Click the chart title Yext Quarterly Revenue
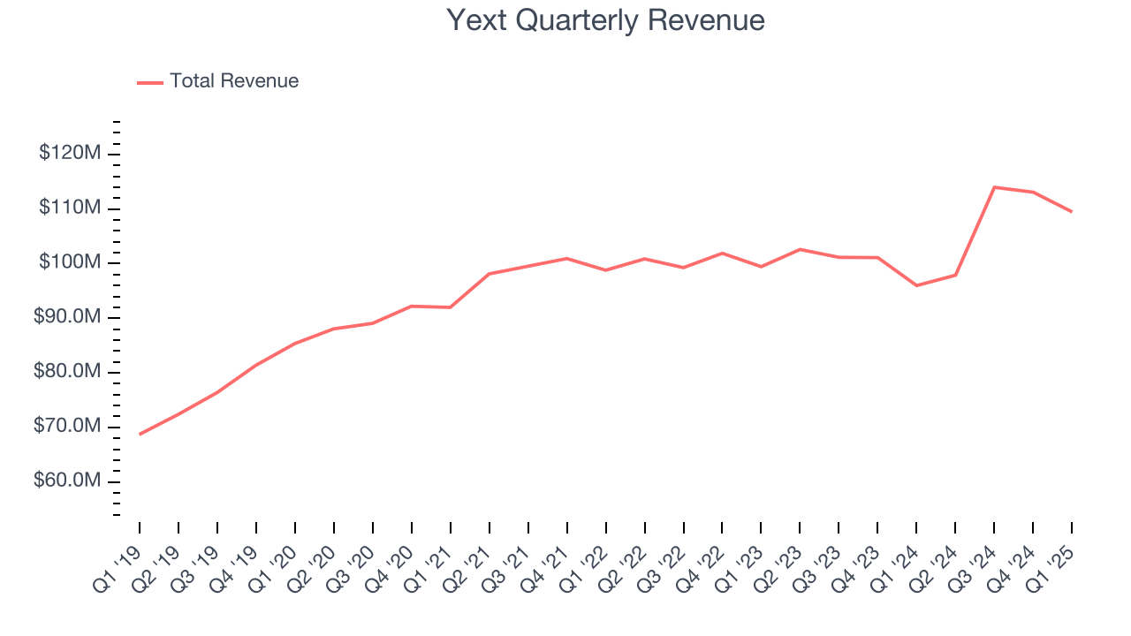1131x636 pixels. point(605,20)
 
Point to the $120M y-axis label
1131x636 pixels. point(70,154)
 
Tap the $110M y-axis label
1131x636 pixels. point(70,208)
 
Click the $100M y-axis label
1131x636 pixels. point(70,263)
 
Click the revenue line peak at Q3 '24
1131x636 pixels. point(994,187)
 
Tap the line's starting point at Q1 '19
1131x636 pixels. point(140,434)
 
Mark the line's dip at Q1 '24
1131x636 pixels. point(916,285)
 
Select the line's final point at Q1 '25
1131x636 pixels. point(1072,212)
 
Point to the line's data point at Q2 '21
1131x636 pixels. point(489,274)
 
